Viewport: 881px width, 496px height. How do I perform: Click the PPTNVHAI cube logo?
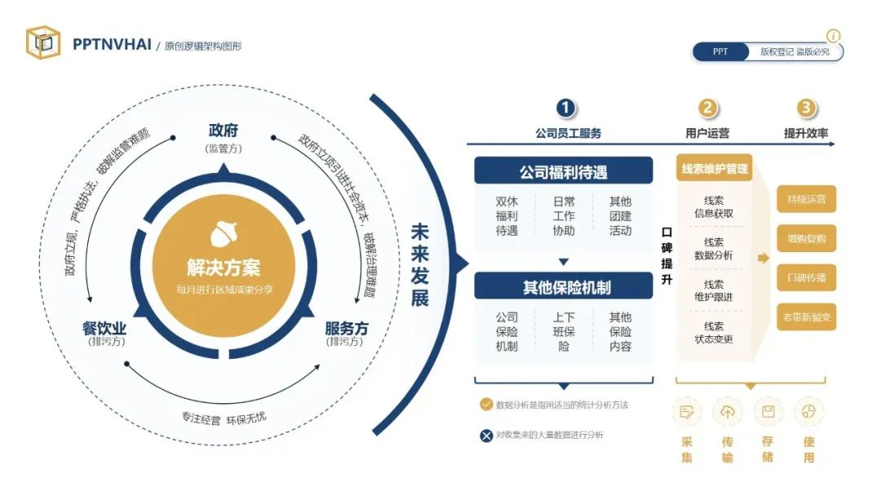click(x=42, y=42)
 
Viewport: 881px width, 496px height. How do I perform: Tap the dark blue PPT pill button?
click(x=720, y=51)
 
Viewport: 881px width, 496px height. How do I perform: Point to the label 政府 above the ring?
click(x=224, y=131)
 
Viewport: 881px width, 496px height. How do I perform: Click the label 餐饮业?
click(x=104, y=328)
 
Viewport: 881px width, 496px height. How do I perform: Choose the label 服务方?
click(x=347, y=328)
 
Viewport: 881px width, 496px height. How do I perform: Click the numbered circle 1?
click(x=566, y=108)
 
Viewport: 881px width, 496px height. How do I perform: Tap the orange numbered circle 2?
click(x=707, y=108)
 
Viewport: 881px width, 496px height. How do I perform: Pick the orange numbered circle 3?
click(x=806, y=108)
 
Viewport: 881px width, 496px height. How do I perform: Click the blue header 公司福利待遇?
click(x=564, y=171)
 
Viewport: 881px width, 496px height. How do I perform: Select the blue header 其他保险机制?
click(x=564, y=286)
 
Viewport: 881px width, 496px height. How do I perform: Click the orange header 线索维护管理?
click(x=714, y=169)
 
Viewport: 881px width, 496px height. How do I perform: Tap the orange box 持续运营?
click(x=806, y=198)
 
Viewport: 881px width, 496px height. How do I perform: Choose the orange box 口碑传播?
click(x=806, y=277)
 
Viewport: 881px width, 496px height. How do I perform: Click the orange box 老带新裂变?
click(x=806, y=317)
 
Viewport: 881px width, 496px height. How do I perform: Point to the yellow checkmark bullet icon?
click(x=486, y=405)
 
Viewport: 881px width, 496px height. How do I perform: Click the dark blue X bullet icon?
click(x=486, y=436)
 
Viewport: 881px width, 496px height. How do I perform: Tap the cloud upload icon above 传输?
click(x=727, y=412)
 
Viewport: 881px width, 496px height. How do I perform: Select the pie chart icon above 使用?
click(x=808, y=412)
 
